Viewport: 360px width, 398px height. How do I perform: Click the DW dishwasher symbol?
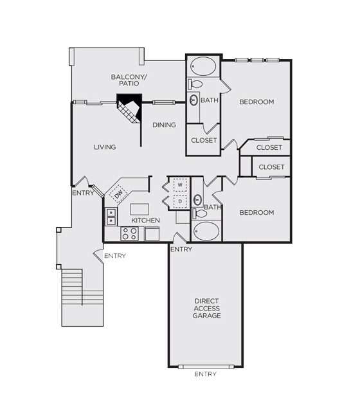[118, 194]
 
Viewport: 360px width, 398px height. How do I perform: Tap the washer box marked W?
[180, 185]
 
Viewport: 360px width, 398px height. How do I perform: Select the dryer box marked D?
[180, 201]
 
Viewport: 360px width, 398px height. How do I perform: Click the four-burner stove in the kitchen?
[130, 233]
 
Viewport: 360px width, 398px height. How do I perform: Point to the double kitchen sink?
[111, 217]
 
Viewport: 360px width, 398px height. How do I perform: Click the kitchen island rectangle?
[139, 210]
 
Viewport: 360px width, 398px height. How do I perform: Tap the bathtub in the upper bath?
[203, 66]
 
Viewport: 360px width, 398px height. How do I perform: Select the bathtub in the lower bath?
[206, 231]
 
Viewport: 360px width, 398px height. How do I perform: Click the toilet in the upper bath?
[195, 84]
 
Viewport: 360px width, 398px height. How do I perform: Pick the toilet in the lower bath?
[200, 213]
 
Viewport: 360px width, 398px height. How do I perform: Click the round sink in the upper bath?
[194, 100]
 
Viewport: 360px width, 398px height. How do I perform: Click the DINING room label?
[164, 125]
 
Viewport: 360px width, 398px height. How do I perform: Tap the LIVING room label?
[105, 147]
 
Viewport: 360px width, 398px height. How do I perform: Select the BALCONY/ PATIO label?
[129, 80]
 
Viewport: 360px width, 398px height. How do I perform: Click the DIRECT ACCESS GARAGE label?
[206, 309]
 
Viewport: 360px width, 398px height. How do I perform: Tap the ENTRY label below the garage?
[206, 374]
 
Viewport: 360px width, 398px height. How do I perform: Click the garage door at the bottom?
[206, 366]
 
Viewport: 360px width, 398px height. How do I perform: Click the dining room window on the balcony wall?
[164, 102]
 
